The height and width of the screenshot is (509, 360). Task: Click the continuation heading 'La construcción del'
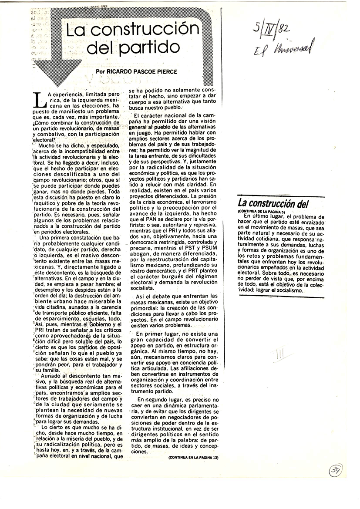point(271,202)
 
